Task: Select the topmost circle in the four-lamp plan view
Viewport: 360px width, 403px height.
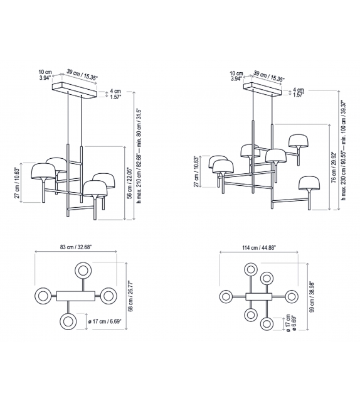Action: [x=83, y=271]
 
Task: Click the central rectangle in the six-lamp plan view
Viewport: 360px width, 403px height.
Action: [x=258, y=296]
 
